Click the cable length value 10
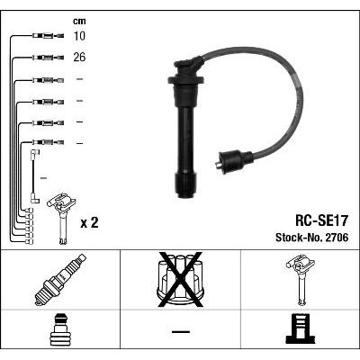79,36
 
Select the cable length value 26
79,57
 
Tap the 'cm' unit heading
79,21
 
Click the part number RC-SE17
321,221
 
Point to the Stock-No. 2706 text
312,238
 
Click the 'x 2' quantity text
89,223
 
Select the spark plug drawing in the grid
60,280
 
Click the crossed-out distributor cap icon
181,280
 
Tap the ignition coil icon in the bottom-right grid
301,280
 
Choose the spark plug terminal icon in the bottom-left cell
60,329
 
